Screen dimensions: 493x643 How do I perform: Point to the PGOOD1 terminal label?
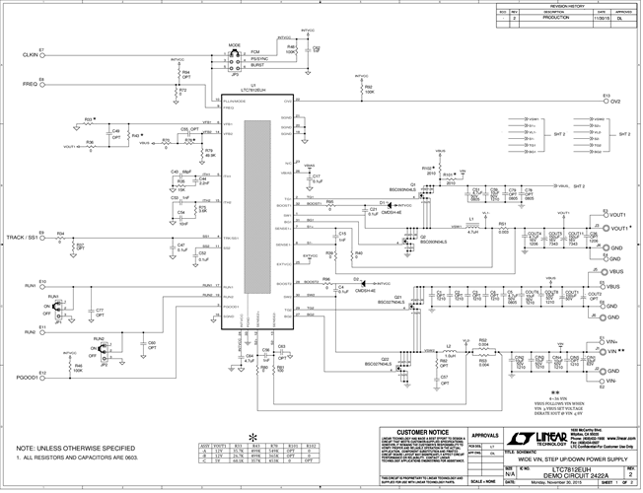pyautogui.click(x=25, y=378)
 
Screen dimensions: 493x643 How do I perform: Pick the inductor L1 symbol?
pyautogui.click(x=472, y=226)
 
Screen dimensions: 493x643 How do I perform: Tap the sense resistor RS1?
pyautogui.click(x=502, y=228)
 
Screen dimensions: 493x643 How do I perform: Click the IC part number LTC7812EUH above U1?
pyautogui.click(x=254, y=91)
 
